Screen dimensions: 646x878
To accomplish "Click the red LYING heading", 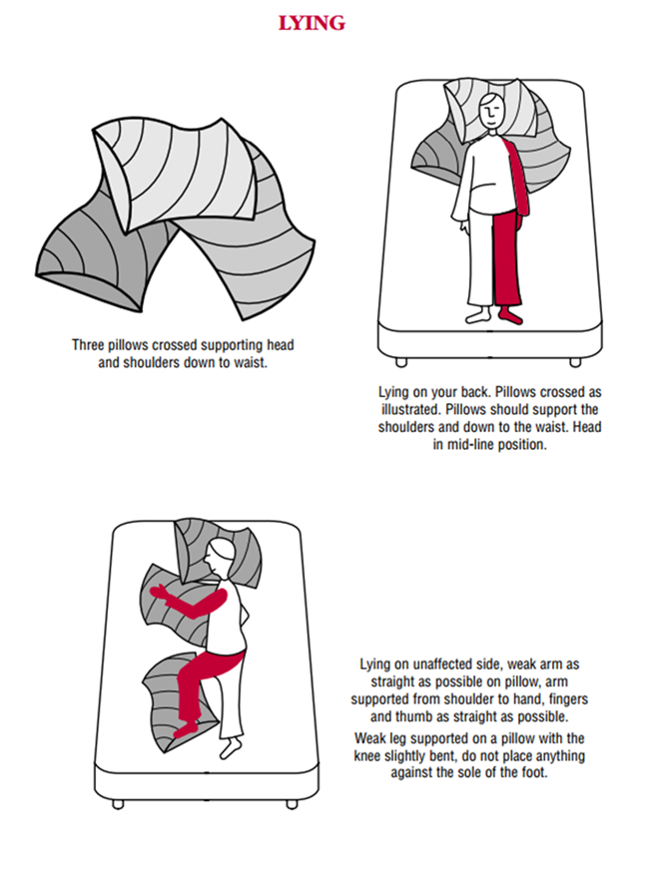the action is [x=312, y=23].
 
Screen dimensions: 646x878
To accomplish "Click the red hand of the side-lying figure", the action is [x=159, y=593].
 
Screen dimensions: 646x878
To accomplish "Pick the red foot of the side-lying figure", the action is [x=186, y=729].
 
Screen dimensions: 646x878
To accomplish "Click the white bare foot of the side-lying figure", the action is [x=231, y=747].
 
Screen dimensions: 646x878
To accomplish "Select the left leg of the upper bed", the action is [x=401, y=362].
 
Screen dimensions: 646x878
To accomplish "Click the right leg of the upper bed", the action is [x=575, y=362].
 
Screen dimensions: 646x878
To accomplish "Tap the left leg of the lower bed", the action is [x=118, y=804].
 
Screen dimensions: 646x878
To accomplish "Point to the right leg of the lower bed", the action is [x=292, y=804].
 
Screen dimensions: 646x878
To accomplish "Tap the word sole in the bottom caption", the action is [x=483, y=772].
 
